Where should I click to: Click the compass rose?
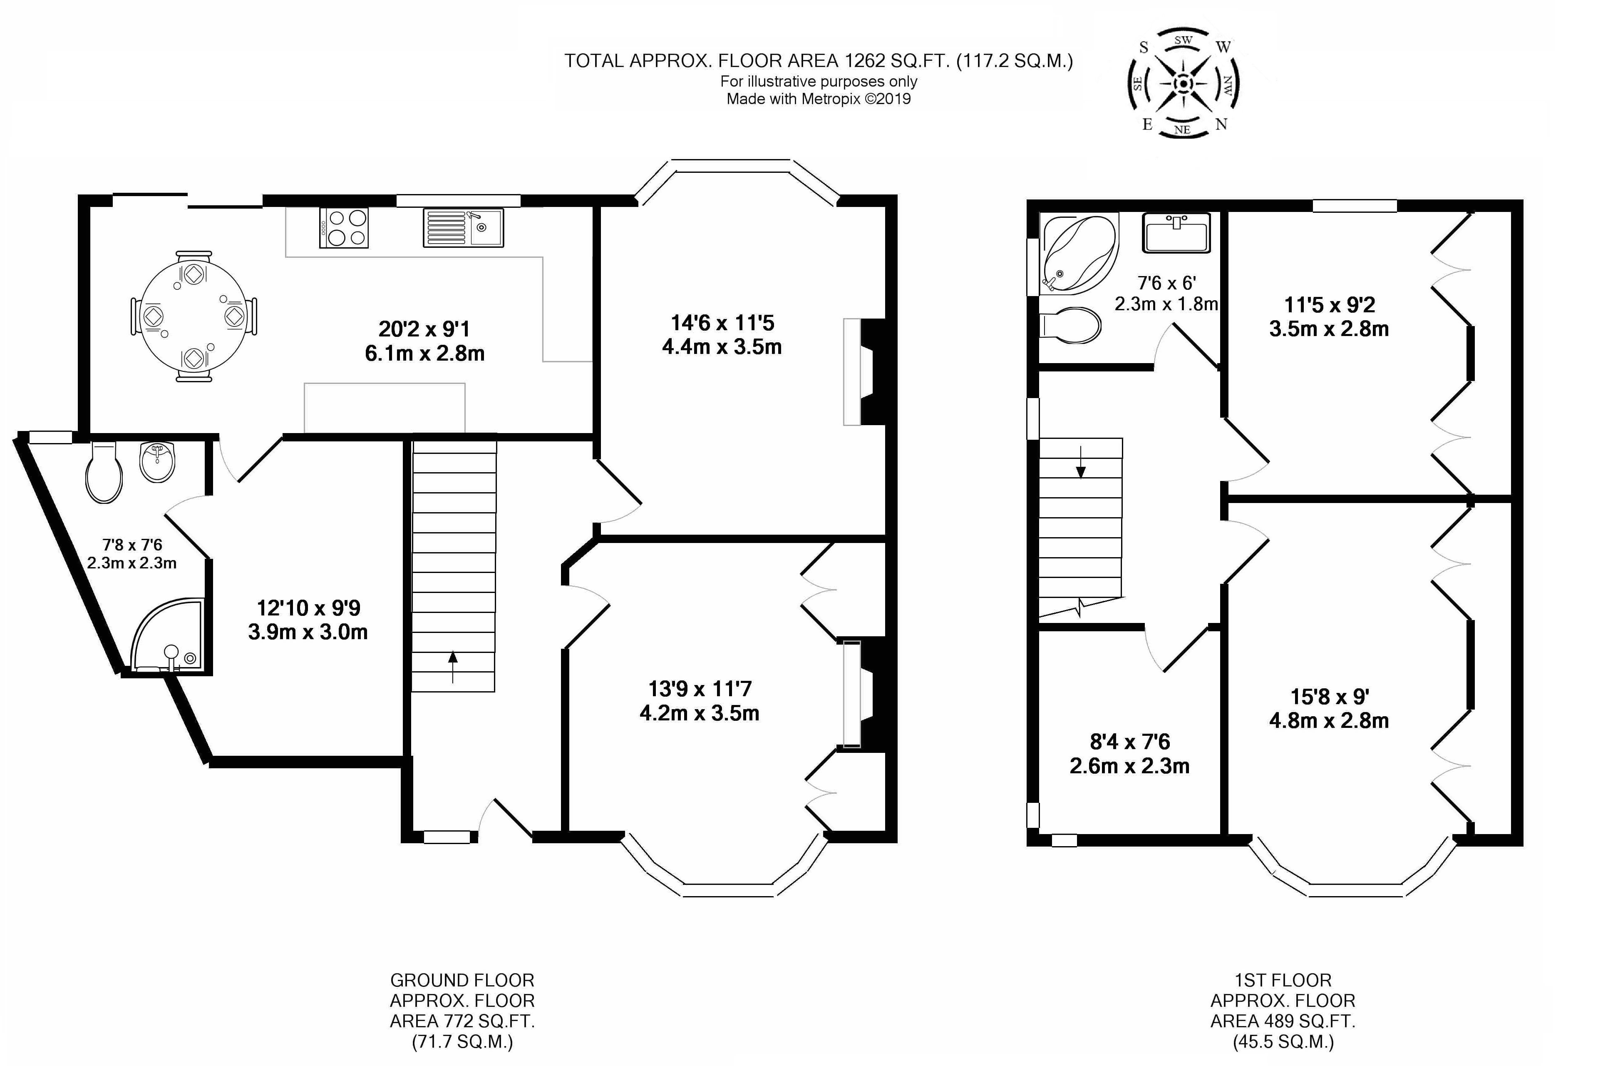click(1183, 83)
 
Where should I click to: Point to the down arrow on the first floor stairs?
click(1081, 461)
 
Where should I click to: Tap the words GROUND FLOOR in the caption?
click(462, 980)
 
